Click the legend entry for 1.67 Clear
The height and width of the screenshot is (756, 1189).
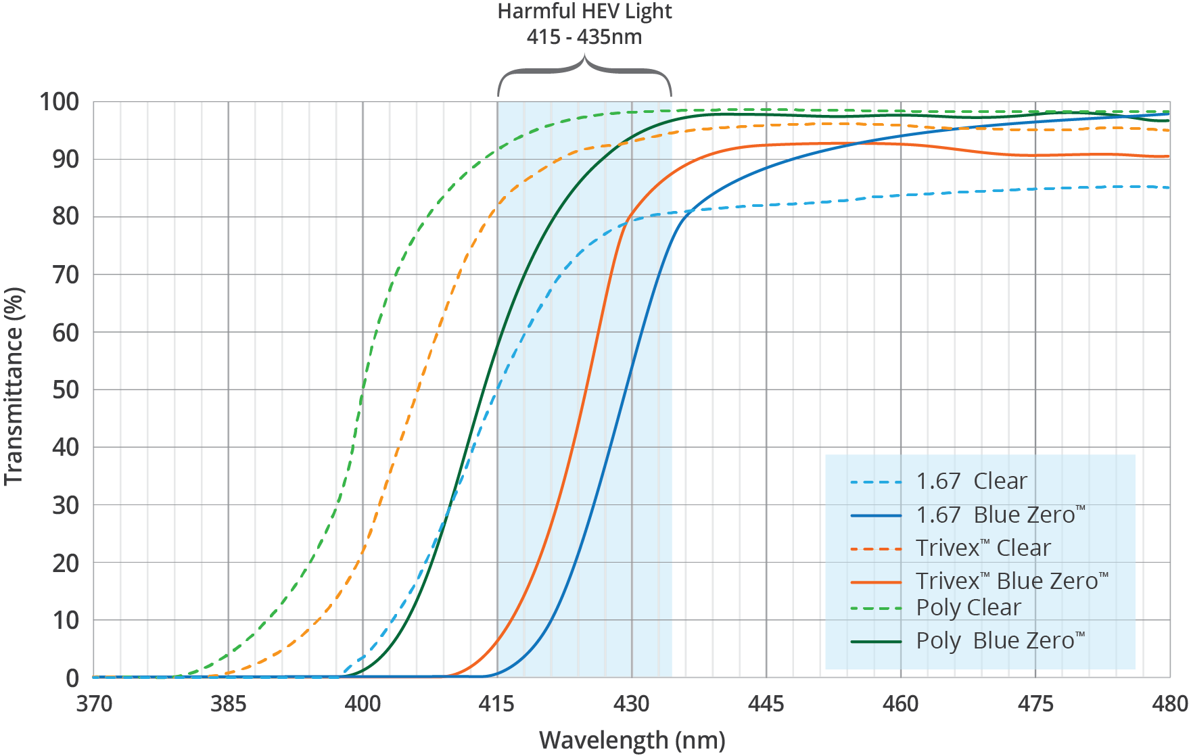pyautogui.click(x=971, y=481)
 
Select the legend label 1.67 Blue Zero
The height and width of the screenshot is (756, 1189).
pyautogui.click(x=1000, y=515)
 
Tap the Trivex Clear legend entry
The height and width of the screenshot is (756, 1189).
pyautogui.click(x=983, y=548)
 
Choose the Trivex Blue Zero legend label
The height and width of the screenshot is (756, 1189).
pyautogui.click(x=1011, y=581)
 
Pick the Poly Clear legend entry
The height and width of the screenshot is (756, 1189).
pyautogui.click(x=968, y=607)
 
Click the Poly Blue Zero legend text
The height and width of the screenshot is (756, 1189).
pyautogui.click(x=1000, y=640)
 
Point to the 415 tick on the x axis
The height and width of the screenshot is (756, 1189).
pyautogui.click(x=497, y=705)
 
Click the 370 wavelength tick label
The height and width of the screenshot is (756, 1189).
pyautogui.click(x=94, y=705)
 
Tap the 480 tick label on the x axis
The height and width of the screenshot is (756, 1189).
pyautogui.click(x=1169, y=705)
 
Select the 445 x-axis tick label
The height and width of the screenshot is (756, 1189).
pyautogui.click(x=766, y=705)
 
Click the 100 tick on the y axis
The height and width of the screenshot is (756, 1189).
pyautogui.click(x=59, y=102)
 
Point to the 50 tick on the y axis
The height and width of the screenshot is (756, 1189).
pyautogui.click(x=66, y=390)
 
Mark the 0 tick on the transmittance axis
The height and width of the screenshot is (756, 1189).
pyautogui.click(x=72, y=678)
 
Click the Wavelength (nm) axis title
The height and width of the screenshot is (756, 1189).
pyautogui.click(x=632, y=740)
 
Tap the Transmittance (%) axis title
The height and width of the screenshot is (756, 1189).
pyautogui.click(x=14, y=386)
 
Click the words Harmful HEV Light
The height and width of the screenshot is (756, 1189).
pyautogui.click(x=584, y=11)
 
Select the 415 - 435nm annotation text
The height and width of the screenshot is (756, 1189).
pyautogui.click(x=584, y=37)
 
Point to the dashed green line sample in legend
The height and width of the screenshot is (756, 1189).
pyautogui.click(x=876, y=608)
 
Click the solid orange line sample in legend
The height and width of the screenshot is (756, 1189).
pyautogui.click(x=876, y=582)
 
